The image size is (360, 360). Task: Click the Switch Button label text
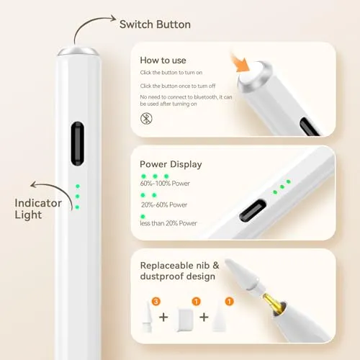pos(155,24)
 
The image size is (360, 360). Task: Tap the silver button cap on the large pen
pos(78,51)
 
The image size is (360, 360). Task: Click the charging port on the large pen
pos(78,143)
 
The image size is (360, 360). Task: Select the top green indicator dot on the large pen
pos(78,186)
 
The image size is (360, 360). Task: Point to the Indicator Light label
pos(38,209)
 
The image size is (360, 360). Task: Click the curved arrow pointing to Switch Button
pos(89,23)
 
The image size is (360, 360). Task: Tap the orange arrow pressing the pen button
pos(240,63)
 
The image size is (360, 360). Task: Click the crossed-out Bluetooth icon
pos(146,118)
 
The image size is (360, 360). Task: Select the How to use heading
pos(163,60)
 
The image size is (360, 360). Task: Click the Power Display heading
pos(171,164)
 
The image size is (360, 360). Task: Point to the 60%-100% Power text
pos(165,184)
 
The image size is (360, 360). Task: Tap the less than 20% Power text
pos(168,223)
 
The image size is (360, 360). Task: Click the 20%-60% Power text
pos(164,204)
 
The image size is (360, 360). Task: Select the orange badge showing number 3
pos(156,301)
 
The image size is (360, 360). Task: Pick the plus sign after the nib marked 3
pos(163,318)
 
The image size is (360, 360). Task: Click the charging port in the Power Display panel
pos(253,211)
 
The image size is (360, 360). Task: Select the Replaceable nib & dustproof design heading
pos(179,271)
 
